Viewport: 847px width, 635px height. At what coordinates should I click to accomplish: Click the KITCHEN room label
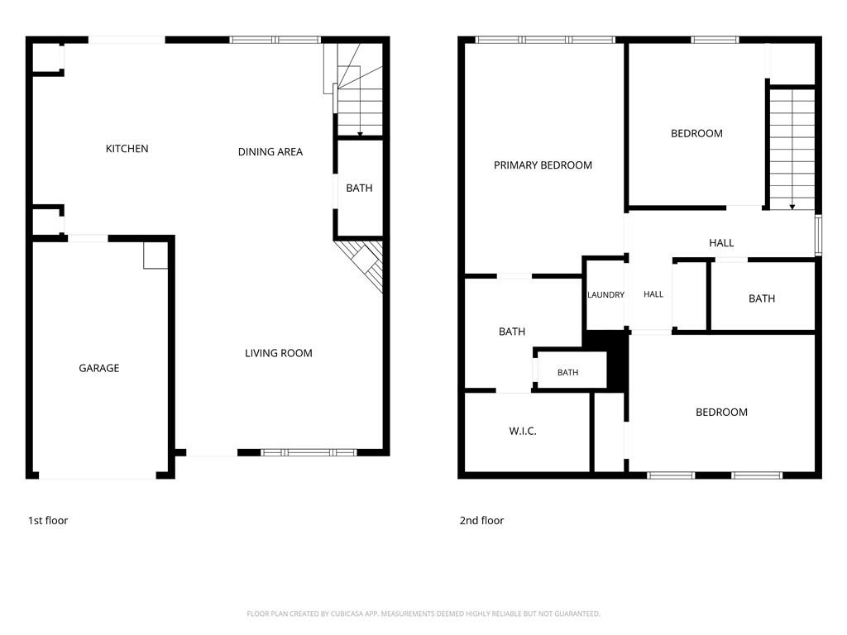(x=127, y=149)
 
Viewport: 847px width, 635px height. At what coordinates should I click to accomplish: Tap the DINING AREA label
(x=270, y=152)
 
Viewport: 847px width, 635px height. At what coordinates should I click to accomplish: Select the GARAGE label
(x=99, y=368)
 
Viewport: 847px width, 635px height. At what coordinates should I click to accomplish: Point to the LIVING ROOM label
(x=278, y=353)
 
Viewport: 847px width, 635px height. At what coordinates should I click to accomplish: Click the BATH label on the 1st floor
(x=359, y=188)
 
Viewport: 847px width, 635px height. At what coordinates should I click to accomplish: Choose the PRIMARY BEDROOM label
(x=543, y=165)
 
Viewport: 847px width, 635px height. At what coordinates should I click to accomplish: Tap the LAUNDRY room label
(x=605, y=295)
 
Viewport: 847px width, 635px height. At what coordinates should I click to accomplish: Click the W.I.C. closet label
(x=523, y=431)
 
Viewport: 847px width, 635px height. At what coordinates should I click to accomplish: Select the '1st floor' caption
(x=48, y=521)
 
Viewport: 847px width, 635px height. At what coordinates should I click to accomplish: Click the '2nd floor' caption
(x=481, y=521)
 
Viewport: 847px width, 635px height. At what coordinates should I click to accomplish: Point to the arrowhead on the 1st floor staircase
(x=361, y=134)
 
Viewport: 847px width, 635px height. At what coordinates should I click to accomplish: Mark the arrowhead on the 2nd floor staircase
(x=792, y=207)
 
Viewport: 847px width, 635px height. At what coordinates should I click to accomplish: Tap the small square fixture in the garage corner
(x=156, y=255)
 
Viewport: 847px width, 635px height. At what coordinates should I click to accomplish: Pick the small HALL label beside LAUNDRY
(x=653, y=294)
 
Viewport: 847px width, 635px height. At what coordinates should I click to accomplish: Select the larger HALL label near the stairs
(x=721, y=243)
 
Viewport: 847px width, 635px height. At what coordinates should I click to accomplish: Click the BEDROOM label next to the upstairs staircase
(x=696, y=133)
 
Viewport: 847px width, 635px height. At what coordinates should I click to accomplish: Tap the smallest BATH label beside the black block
(x=567, y=373)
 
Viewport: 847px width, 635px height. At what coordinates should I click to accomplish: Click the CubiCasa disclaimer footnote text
(x=423, y=614)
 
